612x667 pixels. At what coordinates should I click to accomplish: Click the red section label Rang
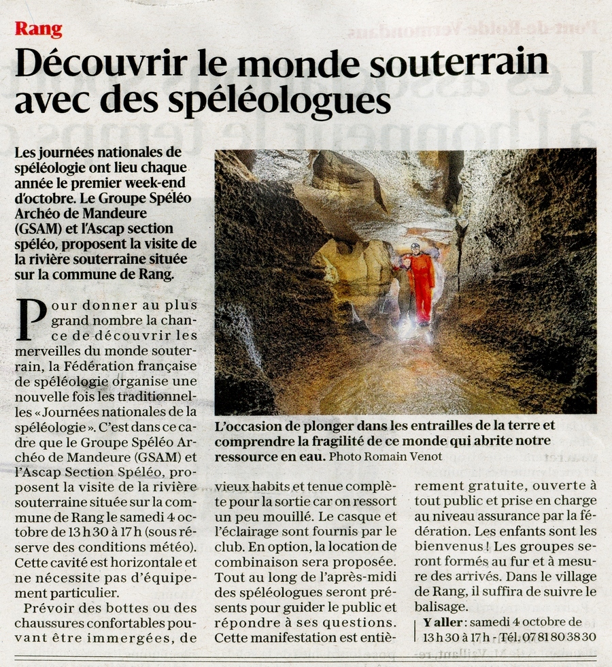click(x=38, y=29)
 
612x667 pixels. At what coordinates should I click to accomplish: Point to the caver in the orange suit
click(x=422, y=279)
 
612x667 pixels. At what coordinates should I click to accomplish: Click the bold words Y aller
click(x=443, y=622)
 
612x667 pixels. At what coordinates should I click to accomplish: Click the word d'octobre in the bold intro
click(x=42, y=198)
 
